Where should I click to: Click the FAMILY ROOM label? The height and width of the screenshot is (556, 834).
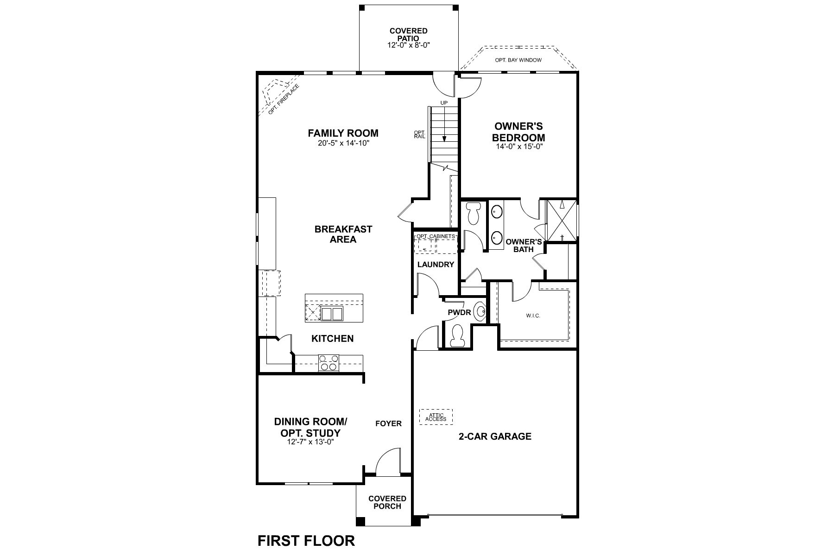pyautogui.click(x=343, y=133)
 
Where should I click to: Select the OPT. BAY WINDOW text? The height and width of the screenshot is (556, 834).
pyautogui.click(x=518, y=60)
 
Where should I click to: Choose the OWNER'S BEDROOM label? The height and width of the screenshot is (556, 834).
pyautogui.click(x=518, y=132)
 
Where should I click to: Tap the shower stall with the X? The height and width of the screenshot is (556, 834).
pyautogui.click(x=562, y=221)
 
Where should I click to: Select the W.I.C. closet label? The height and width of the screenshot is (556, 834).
pyautogui.click(x=533, y=316)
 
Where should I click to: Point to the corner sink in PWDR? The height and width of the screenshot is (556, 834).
pyautogui.click(x=480, y=311)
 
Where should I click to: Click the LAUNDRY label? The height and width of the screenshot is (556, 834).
pyautogui.click(x=436, y=265)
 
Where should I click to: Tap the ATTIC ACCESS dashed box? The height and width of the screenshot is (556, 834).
pyautogui.click(x=436, y=417)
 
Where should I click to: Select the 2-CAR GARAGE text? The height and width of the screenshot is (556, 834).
pyautogui.click(x=495, y=436)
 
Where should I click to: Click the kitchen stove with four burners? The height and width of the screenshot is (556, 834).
pyautogui.click(x=329, y=363)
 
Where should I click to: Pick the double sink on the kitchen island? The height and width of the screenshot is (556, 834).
pyautogui.click(x=332, y=314)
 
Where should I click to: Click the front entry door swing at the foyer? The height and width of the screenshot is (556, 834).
pyautogui.click(x=388, y=461)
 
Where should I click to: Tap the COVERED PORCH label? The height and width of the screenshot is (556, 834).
pyautogui.click(x=387, y=502)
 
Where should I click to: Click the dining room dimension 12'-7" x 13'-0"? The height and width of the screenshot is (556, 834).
pyautogui.click(x=310, y=442)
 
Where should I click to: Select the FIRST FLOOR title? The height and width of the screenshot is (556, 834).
pyautogui.click(x=306, y=541)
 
